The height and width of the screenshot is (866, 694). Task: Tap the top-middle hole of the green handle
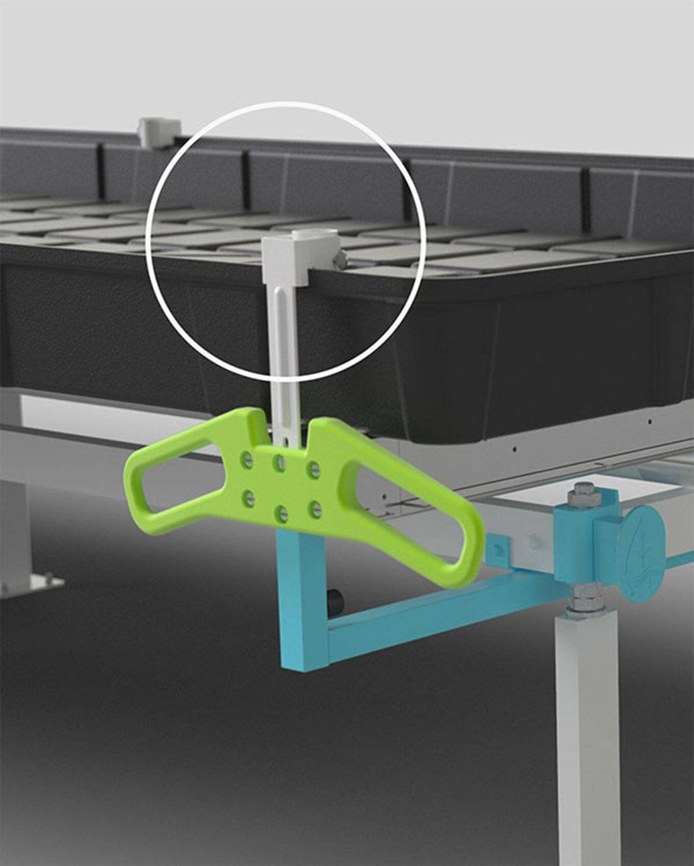click(x=280, y=461)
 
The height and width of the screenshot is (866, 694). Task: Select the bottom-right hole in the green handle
click(x=315, y=508)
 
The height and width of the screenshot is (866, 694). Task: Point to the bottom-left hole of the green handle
click(x=249, y=495)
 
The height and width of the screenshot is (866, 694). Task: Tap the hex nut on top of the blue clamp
click(x=578, y=496)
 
